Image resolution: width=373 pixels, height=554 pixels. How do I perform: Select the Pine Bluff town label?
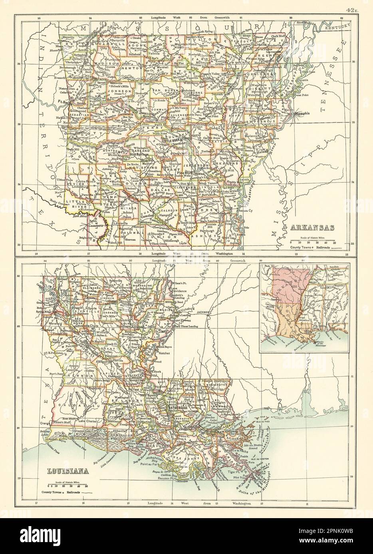click(188, 173)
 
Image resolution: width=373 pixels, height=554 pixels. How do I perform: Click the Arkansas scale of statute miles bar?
click(312, 242)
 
